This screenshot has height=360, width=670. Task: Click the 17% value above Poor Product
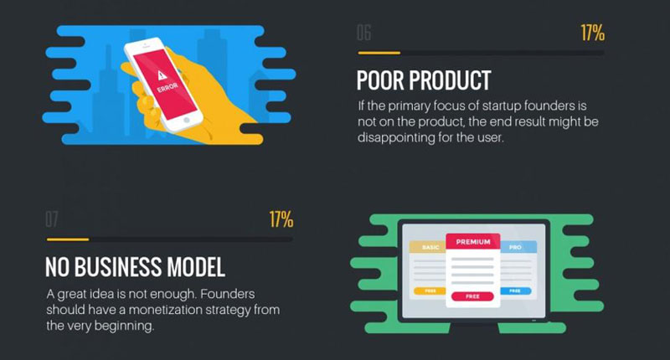[592, 33]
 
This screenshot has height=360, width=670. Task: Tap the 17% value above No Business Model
[281, 219]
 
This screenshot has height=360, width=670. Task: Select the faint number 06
[364, 33]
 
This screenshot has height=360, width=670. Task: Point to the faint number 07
[52, 219]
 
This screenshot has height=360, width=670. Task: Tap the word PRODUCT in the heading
[450, 80]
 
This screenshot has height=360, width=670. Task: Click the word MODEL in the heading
[196, 267]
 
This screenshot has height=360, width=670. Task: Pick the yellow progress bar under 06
[379, 53]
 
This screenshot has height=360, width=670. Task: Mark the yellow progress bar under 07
[68, 239]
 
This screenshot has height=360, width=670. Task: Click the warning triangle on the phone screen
[162, 75]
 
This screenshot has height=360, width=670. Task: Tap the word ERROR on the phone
[167, 87]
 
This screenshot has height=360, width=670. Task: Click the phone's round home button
[186, 121]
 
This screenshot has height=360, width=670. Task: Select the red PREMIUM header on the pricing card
[473, 242]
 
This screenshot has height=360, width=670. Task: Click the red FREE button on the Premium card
[472, 296]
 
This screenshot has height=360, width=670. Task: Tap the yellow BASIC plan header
[428, 247]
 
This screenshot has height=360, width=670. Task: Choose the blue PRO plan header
[518, 247]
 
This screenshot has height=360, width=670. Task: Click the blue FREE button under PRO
[515, 291]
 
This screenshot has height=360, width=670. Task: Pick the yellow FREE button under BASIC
[430, 291]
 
